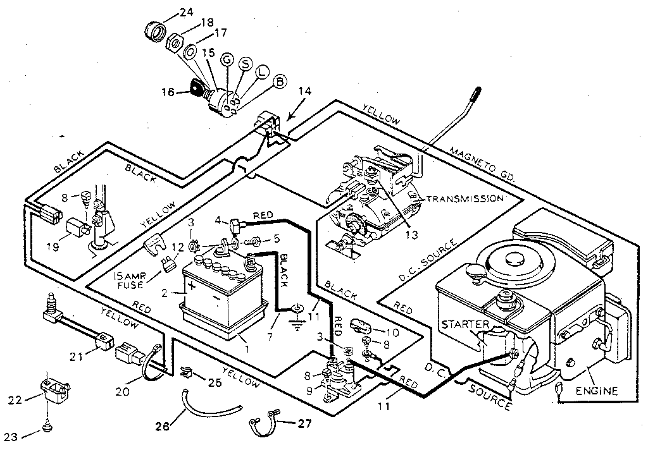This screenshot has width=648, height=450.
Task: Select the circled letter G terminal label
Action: click(227, 60)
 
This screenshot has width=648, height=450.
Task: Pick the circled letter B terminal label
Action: click(279, 81)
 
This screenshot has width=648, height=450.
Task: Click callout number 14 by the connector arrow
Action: click(304, 92)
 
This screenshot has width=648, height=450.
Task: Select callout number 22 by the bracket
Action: click(15, 399)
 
